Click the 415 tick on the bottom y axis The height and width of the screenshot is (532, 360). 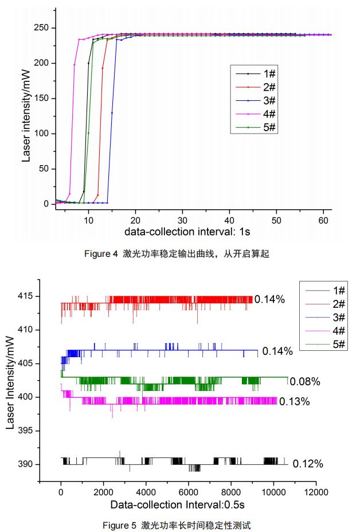[28, 296]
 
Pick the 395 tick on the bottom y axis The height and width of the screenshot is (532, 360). [28, 431]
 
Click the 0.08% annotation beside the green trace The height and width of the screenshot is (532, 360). [305, 382]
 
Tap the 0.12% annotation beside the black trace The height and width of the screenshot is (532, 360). [308, 464]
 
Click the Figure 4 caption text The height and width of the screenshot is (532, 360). [179, 254]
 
